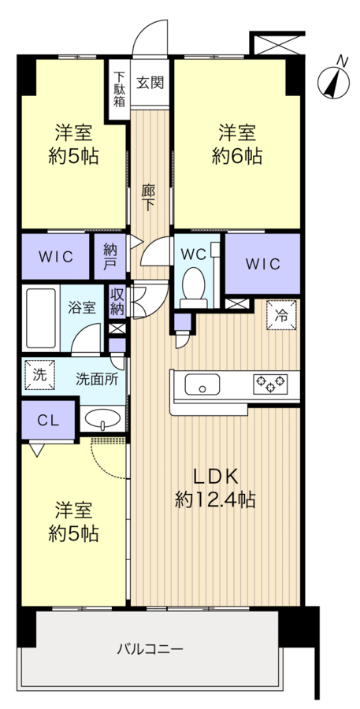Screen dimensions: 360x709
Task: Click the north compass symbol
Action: [x=334, y=82]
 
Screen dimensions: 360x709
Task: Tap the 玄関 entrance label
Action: [x=150, y=83]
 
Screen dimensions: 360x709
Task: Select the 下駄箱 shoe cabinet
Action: [x=119, y=89]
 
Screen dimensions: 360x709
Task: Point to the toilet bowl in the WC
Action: [x=194, y=284]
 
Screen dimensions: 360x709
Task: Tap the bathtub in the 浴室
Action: [x=41, y=318]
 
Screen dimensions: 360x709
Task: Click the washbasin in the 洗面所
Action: [x=102, y=418]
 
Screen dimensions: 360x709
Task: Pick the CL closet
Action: [x=48, y=420]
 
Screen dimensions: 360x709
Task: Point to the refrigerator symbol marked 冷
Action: [x=281, y=315]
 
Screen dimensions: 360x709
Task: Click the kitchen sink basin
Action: [x=202, y=384]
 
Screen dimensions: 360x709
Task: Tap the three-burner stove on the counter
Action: [x=270, y=384]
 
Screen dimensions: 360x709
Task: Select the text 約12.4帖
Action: [x=215, y=500]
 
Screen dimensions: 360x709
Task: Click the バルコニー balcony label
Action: [x=150, y=650]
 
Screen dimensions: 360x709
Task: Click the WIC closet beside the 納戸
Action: [x=55, y=256]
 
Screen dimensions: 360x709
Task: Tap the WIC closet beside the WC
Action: [x=263, y=264]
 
